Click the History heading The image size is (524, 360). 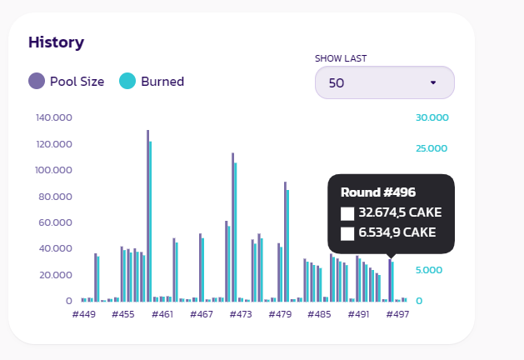coord(56,42)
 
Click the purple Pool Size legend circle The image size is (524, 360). coord(37,81)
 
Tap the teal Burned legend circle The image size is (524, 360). coord(127,81)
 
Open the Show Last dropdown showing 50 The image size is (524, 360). coord(384,82)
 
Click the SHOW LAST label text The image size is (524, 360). coord(340,58)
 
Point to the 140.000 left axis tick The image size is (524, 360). coord(55,117)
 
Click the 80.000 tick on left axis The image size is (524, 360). coord(55,197)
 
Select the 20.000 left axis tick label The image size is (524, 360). coord(55,275)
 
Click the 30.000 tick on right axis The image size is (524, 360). coord(432,117)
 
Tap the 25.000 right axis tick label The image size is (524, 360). coord(432,148)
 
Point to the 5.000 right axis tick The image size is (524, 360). coord(429,270)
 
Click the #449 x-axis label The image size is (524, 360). coord(83,315)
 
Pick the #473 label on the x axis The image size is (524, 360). coord(240,315)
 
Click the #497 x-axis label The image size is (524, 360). coord(397,315)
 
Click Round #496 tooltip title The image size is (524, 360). coord(378,192)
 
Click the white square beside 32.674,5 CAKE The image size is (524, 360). coord(347,213)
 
